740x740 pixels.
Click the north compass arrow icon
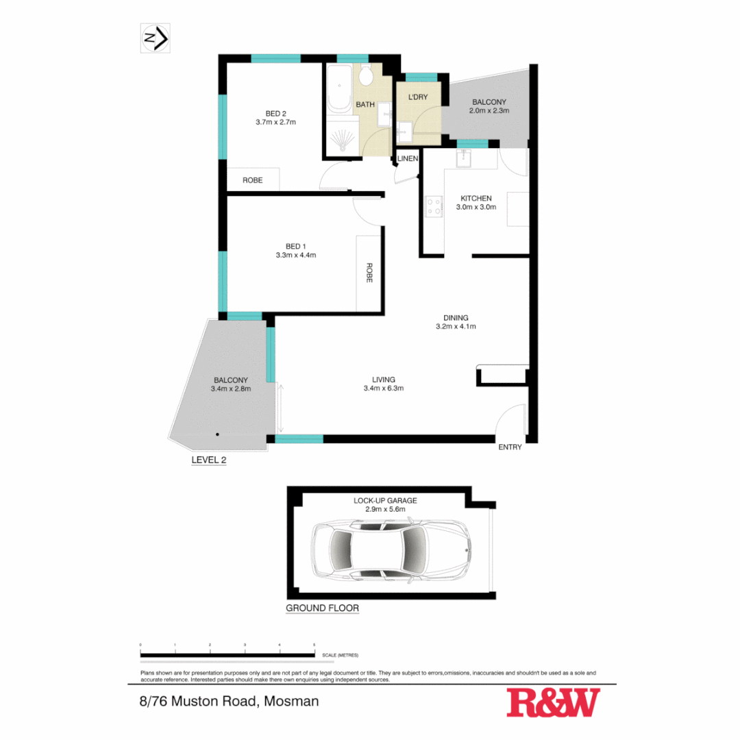point(156,38)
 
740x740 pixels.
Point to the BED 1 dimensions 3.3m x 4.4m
point(291,255)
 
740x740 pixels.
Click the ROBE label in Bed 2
point(253,180)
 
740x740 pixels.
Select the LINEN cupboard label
point(408,159)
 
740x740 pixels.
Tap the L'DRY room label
point(417,97)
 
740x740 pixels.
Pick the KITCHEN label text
point(476,198)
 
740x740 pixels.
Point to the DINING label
point(456,317)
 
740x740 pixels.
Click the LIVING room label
point(383,380)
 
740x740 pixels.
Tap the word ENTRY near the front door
point(510,447)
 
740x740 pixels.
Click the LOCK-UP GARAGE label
point(384,500)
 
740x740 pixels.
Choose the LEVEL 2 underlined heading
point(208,460)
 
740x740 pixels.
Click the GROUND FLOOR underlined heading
point(322,608)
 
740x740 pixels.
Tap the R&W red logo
point(553,703)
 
